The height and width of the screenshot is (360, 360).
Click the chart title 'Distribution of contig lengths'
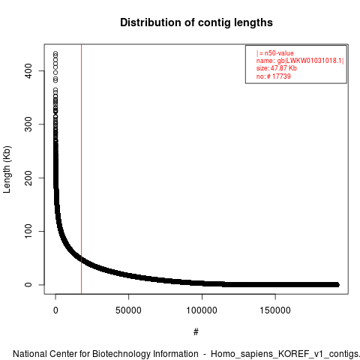[x=196, y=22]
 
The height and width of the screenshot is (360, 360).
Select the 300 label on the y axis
[x=28, y=124]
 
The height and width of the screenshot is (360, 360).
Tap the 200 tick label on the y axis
[x=28, y=178]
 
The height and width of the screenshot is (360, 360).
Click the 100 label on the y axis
[x=28, y=231]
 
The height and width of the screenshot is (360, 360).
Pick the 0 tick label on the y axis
[x=28, y=285]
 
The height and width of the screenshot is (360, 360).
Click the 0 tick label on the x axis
[x=55, y=310]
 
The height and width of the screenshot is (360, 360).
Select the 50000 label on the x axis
[x=128, y=310]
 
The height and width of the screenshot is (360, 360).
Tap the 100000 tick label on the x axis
[x=202, y=310]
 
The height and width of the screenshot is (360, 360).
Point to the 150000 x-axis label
[x=275, y=310]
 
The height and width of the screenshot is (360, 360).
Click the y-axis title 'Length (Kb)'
[x=7, y=169]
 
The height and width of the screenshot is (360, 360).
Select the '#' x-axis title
[x=196, y=332]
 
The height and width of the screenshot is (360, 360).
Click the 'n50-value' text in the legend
[x=279, y=53]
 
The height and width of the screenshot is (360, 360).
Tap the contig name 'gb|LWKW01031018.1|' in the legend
[x=310, y=61]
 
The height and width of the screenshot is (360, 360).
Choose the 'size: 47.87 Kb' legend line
[x=276, y=68]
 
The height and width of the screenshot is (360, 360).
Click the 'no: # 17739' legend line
[x=274, y=76]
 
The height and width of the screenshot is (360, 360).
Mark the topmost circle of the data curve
[x=55, y=53]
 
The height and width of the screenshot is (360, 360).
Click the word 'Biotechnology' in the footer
[x=120, y=354]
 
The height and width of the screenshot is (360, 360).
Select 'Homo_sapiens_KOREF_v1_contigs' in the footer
[x=284, y=355]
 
